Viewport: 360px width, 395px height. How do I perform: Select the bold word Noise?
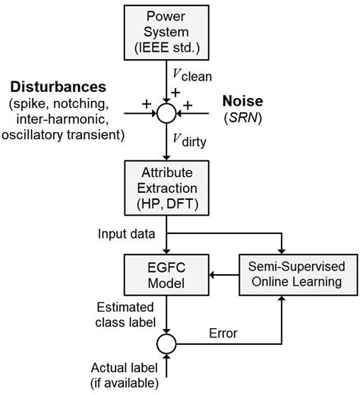click(243, 100)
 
